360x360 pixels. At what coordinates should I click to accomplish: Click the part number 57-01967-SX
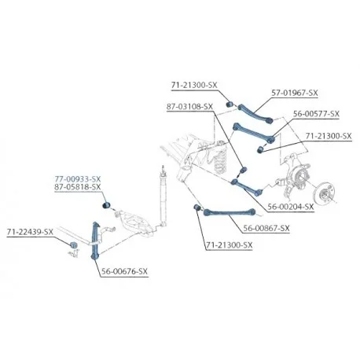point(295,93)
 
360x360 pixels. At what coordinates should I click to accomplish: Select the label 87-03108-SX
point(189,107)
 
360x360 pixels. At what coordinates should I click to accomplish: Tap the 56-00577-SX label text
point(316,114)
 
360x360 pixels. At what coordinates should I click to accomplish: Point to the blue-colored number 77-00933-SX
point(78,179)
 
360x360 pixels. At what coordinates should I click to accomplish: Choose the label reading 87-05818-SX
point(78,187)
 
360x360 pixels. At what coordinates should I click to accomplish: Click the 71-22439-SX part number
point(30,232)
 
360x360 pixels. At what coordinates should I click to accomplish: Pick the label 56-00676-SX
point(124,271)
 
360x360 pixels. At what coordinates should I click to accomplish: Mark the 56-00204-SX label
point(291,207)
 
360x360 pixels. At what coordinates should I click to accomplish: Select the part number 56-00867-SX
point(266,229)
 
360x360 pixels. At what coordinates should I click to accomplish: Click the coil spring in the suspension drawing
point(221,160)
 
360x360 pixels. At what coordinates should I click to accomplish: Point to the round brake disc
point(325,193)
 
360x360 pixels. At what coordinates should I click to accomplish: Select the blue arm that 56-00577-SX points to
point(254,133)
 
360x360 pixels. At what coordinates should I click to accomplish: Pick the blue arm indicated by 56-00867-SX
point(230,211)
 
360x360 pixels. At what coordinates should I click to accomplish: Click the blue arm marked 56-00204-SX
point(247,187)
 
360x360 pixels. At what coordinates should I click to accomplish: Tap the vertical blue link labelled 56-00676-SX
point(95,241)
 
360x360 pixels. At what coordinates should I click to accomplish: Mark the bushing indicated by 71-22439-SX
point(73,244)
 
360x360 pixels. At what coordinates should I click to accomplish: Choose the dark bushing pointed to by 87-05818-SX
point(106,204)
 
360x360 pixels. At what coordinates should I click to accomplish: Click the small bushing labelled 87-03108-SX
point(244,171)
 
